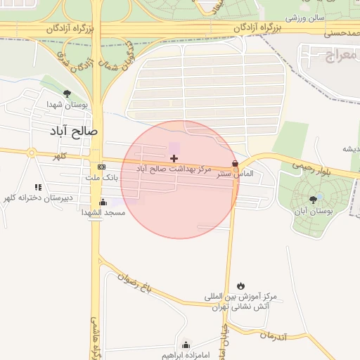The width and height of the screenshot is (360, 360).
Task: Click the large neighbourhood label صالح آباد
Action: pyautogui.click(x=73, y=131)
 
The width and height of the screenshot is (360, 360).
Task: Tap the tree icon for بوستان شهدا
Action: pyautogui.click(x=67, y=93)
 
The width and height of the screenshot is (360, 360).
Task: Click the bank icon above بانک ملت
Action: pyautogui.click(x=102, y=167)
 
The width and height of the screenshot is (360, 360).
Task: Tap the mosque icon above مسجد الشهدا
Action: pyautogui.click(x=103, y=202)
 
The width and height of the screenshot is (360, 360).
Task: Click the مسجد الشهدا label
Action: pyautogui.click(x=103, y=212)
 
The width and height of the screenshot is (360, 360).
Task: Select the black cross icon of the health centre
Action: pyautogui.click(x=174, y=159)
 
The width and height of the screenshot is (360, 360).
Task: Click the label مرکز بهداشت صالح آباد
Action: pyautogui.click(x=173, y=169)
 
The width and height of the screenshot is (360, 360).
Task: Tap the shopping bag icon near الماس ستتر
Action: pyautogui.click(x=235, y=163)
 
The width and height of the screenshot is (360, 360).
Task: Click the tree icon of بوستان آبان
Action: pyautogui.click(x=313, y=200)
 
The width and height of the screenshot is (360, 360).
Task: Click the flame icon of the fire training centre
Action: pyautogui.click(x=241, y=285)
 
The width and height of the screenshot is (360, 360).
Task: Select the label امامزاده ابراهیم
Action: pyautogui.click(x=185, y=354)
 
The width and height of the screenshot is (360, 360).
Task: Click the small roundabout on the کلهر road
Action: pyautogui.click(x=31, y=153)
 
